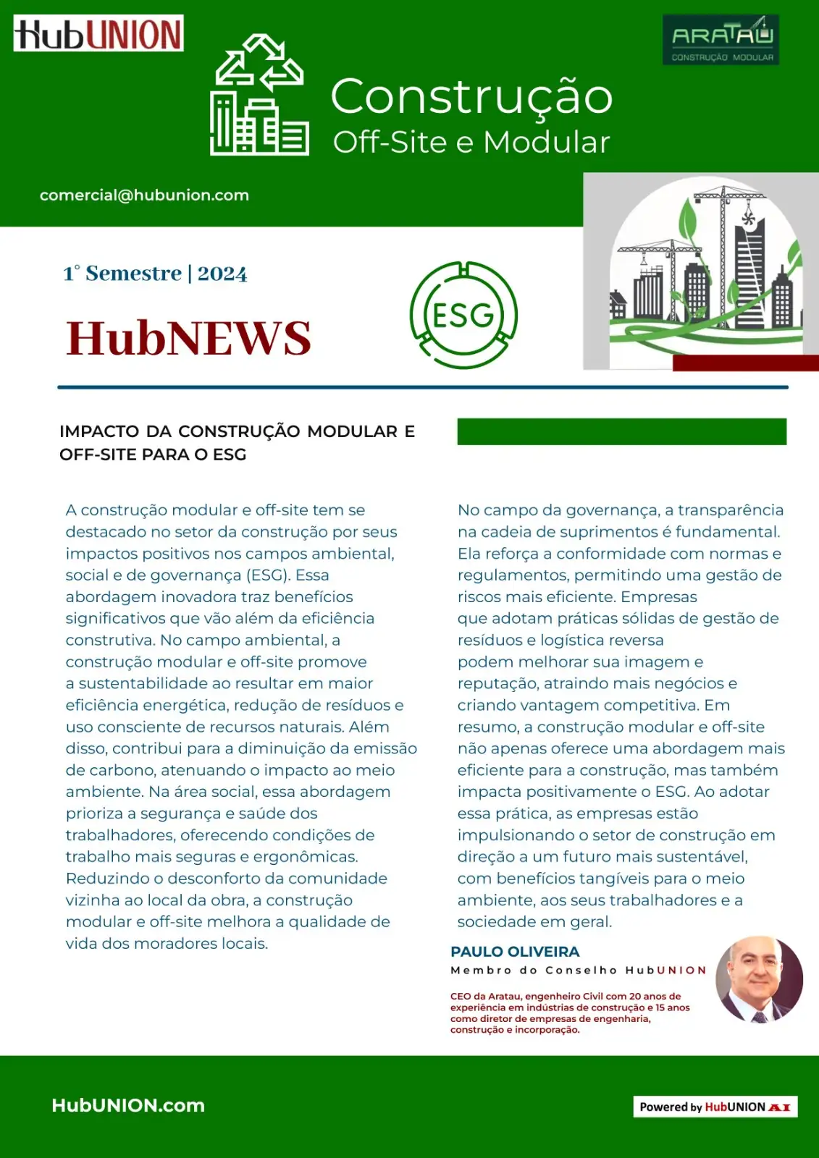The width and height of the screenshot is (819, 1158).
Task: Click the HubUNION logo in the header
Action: point(98,33)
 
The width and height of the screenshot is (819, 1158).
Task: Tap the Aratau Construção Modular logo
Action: point(721,40)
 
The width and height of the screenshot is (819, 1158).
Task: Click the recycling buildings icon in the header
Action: point(259,95)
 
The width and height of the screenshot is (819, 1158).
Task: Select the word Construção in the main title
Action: point(471,96)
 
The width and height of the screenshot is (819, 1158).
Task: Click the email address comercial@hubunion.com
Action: point(144,195)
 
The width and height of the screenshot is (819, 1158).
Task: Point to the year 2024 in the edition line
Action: point(222,274)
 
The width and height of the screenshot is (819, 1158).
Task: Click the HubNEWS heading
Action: point(188,338)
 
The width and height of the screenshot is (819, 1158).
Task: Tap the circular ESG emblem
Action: point(463,315)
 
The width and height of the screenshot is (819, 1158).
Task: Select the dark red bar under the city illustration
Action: point(745,363)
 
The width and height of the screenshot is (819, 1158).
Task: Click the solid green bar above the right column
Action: point(621,431)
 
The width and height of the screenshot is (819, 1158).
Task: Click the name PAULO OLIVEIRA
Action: point(515,952)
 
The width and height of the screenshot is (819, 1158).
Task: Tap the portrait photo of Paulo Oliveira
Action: point(759,979)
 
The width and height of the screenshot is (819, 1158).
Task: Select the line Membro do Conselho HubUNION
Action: point(578,971)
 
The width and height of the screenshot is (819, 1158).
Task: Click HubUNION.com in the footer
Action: point(128,1105)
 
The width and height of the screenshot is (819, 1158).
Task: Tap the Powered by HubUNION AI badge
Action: point(715,1107)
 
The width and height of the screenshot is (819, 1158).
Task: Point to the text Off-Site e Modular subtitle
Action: point(471,143)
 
